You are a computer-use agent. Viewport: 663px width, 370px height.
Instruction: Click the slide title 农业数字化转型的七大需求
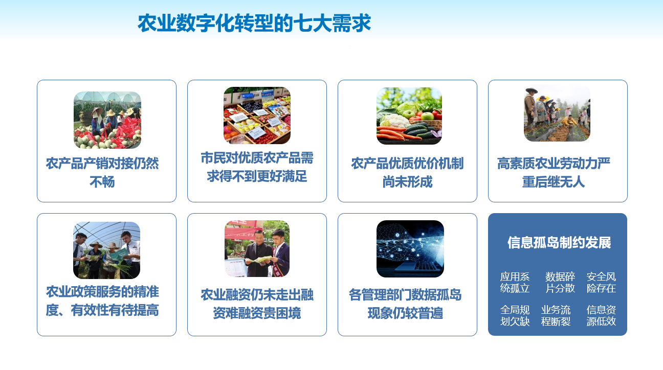point(254,23)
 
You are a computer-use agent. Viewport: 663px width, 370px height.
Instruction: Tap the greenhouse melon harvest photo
point(107,120)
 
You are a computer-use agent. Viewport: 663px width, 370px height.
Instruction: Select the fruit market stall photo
point(257,115)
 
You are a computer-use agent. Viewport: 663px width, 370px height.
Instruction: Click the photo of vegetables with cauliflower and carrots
point(409,115)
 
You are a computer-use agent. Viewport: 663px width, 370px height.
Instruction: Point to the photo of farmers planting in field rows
point(557,113)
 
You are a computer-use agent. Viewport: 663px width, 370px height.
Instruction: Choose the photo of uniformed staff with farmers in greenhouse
point(106,250)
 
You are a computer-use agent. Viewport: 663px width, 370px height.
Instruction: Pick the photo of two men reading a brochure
point(257,248)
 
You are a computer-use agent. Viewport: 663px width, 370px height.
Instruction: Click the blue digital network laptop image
point(410,249)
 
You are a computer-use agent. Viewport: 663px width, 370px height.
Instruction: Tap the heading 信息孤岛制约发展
point(559,243)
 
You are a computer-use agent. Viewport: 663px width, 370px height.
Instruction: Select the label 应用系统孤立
point(515,283)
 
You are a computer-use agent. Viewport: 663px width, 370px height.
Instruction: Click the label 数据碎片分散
point(560,283)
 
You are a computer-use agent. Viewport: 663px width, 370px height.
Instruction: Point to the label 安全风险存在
point(601,283)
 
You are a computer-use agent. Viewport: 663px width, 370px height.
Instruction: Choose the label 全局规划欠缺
point(515,316)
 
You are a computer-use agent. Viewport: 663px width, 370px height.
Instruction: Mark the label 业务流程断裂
point(556,316)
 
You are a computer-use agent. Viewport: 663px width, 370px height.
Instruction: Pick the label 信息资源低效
point(601,316)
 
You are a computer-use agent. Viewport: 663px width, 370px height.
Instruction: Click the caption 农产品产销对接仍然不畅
point(102,173)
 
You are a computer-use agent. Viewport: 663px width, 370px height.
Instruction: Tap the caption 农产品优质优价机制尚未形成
point(407,173)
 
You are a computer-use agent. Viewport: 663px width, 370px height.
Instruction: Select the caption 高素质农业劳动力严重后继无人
point(554,173)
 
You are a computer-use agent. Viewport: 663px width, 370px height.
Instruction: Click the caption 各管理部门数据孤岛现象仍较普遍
point(405,304)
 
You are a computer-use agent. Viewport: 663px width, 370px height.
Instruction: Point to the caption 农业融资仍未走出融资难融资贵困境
point(257,304)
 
